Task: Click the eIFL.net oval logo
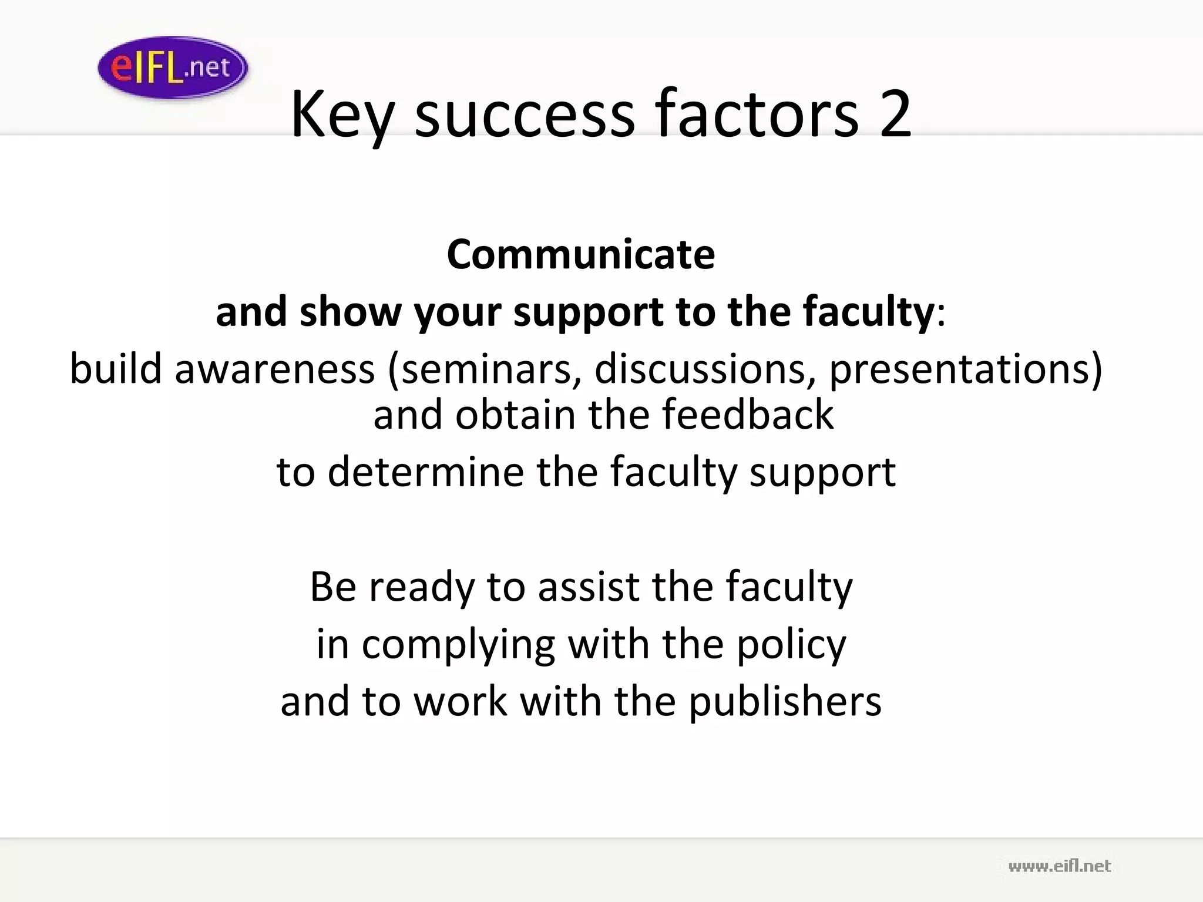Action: (173, 68)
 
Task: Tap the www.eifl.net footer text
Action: (1059, 866)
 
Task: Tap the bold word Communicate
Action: (581, 254)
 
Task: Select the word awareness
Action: (275, 369)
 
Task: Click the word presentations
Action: (959, 369)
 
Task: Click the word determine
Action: (425, 472)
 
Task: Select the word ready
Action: (421, 587)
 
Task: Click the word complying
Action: (458, 645)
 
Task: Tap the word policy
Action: (791, 645)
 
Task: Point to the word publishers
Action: (785, 702)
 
